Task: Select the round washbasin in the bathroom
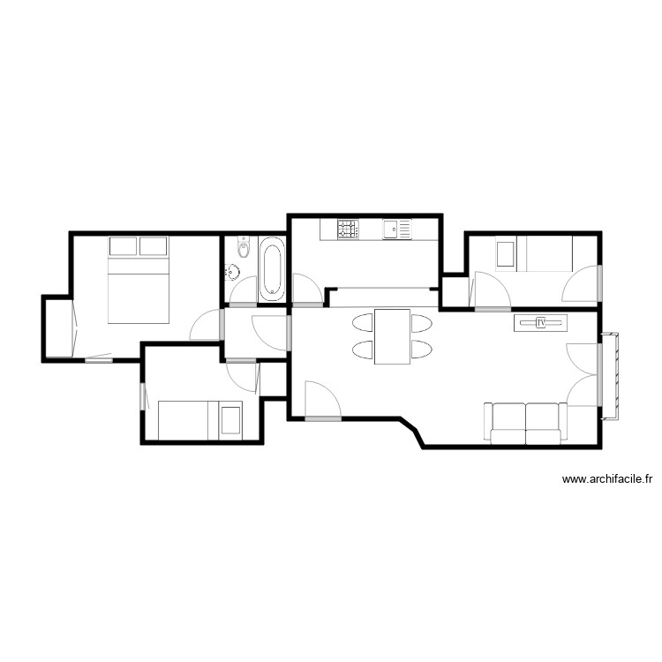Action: pos(237,273)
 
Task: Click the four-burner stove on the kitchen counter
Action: pos(347,229)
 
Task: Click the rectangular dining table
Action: pos(392,336)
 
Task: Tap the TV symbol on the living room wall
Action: pos(541,323)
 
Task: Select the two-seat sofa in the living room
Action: pos(525,423)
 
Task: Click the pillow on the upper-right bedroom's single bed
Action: pos(506,253)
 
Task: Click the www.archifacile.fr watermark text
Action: pos(607,480)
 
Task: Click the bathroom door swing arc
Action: pos(240,290)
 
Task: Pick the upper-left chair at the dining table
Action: pos(363,322)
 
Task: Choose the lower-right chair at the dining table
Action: pos(421,350)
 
